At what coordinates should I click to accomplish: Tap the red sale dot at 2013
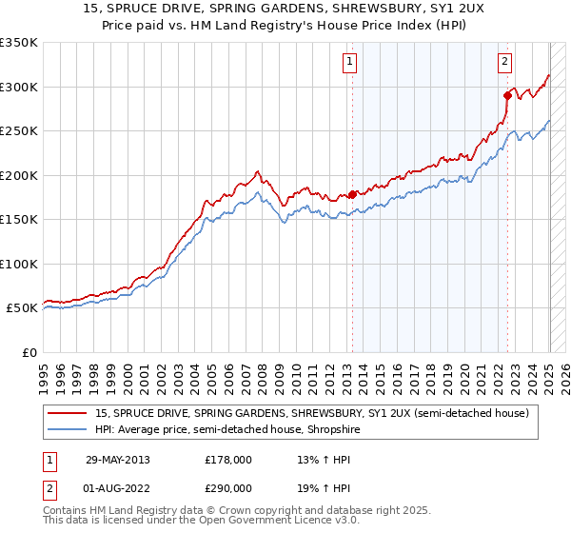[352, 194]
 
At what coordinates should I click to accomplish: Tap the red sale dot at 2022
[507, 94]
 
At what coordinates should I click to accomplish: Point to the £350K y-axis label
[18, 43]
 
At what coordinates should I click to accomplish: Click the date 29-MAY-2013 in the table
[117, 460]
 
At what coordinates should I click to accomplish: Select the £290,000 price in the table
[227, 487]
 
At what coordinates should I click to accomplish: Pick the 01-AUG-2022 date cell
[118, 487]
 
